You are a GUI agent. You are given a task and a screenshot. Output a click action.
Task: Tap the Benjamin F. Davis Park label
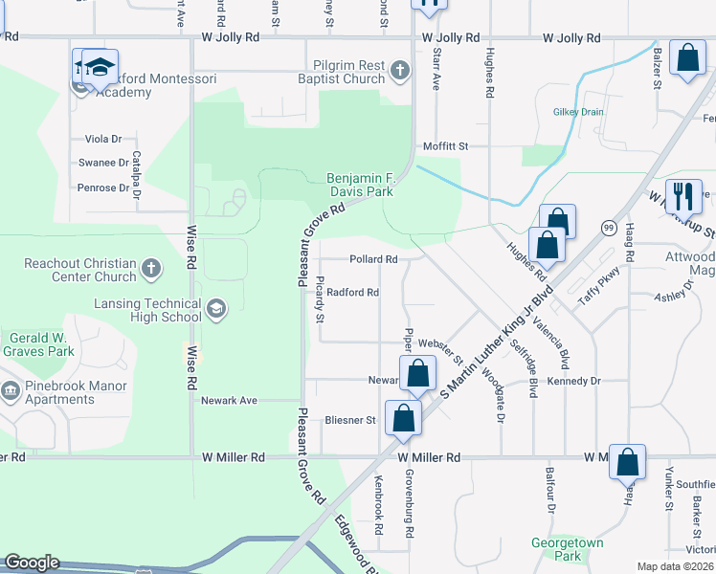pos(360,185)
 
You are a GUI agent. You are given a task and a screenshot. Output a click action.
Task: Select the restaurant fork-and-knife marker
pos(682,196)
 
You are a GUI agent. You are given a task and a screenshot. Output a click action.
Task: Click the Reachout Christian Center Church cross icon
pos(150,270)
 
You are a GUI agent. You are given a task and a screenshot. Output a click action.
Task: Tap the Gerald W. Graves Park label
pos(41,344)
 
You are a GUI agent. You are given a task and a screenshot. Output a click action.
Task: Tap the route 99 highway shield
pos(609,227)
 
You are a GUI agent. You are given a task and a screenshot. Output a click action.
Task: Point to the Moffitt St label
pos(446,146)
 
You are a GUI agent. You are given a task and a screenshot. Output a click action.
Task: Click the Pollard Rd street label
pos(373,259)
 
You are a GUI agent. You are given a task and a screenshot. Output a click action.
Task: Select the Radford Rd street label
pos(353,293)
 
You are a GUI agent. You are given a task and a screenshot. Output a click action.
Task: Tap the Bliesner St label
pos(350,420)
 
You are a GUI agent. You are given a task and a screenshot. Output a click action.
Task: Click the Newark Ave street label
pos(229,401)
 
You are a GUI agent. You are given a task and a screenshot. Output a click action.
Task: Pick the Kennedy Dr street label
pos(573,381)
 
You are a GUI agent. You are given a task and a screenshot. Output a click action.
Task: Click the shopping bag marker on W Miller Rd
pos(627,462)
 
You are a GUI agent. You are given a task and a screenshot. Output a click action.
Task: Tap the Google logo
pos(32,563)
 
